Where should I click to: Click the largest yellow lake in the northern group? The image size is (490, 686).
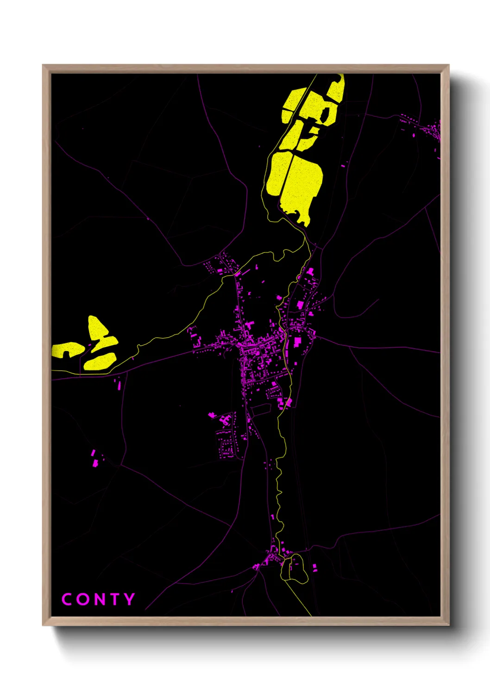[301, 183]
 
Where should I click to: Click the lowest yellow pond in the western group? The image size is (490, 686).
[100, 362]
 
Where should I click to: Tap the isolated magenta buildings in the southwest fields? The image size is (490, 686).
[95, 459]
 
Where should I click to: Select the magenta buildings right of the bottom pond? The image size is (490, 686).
[315, 567]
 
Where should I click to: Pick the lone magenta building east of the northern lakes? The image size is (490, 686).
[343, 165]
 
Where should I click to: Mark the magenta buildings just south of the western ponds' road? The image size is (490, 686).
[118, 383]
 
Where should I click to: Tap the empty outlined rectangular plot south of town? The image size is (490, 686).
[261, 409]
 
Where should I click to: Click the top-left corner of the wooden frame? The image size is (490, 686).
[43, 65]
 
